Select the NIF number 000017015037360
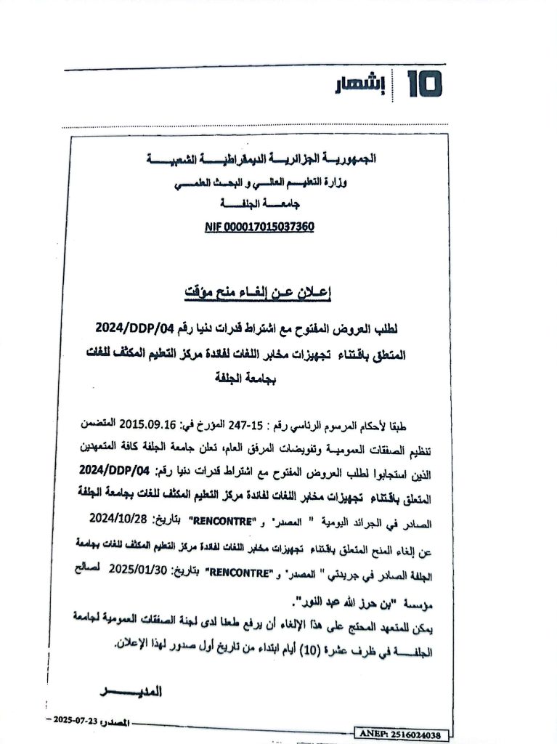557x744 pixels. (x=259, y=227)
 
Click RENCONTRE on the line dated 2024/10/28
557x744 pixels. (x=222, y=521)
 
